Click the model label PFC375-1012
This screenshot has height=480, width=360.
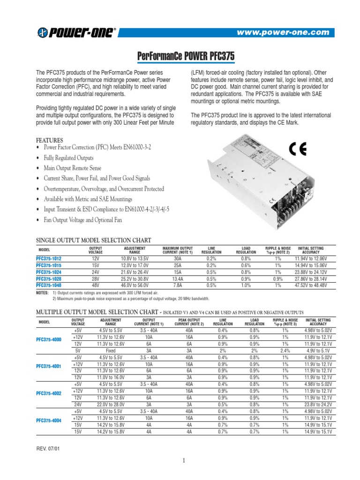point(49,258)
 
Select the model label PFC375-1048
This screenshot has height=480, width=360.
point(49,285)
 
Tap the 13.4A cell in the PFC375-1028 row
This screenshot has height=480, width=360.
point(178,278)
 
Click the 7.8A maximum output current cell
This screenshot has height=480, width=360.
point(178,285)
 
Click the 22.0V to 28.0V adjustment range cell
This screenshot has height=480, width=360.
point(111,404)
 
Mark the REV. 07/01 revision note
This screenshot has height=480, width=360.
point(48,448)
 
